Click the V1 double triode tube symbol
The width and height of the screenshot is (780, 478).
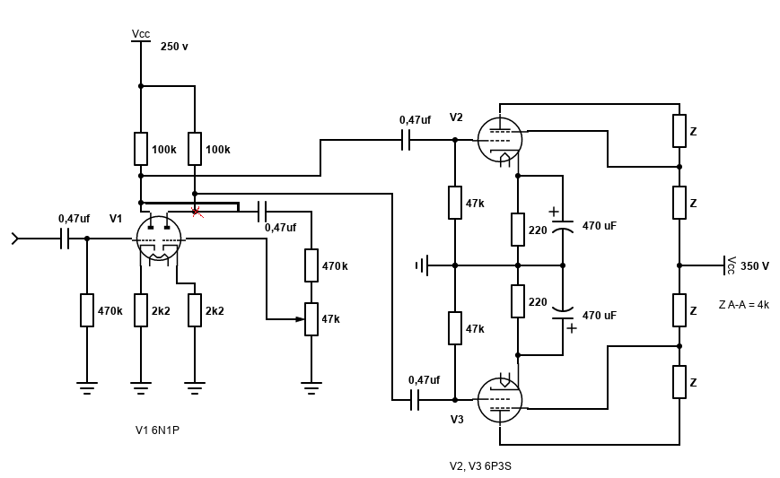tap(159, 239)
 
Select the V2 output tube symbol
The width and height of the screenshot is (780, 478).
tap(500, 140)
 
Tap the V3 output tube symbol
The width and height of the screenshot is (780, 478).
tap(500, 400)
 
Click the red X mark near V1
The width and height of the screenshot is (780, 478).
tap(197, 212)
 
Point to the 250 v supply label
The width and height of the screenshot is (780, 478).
tap(174, 47)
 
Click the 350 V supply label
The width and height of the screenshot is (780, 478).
tap(755, 266)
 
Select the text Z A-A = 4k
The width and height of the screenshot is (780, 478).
tap(743, 305)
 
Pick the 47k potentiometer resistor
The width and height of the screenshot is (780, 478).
tap(311, 319)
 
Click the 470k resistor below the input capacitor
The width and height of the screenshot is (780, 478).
tap(87, 310)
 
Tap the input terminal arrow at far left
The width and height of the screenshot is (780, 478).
tap(14, 239)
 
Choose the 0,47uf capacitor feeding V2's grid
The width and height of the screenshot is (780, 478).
tap(406, 140)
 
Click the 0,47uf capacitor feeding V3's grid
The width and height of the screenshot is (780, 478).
tap(415, 400)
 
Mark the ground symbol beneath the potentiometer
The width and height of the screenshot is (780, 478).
tap(311, 388)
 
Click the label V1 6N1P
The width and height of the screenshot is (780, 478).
tap(158, 430)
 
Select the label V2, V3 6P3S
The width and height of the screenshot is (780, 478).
tap(481, 466)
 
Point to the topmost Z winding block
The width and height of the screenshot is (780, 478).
tap(679, 131)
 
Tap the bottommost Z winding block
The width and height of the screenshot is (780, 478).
tap(679, 382)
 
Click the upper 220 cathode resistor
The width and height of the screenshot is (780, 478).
tap(518, 230)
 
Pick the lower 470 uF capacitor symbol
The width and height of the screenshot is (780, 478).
tap(563, 314)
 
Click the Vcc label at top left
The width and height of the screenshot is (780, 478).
tap(141, 34)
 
